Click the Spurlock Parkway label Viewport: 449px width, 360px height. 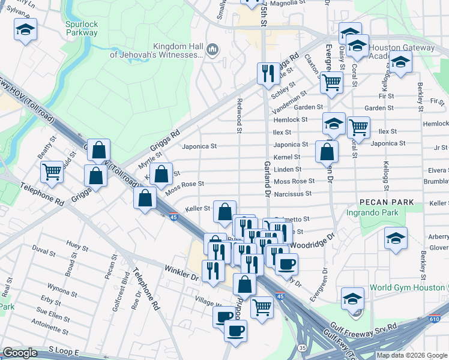(x=82, y=28)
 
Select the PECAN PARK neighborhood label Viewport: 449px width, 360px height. (x=387, y=202)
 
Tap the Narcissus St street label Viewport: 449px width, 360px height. (x=292, y=194)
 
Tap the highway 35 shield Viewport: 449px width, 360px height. (x=302, y=347)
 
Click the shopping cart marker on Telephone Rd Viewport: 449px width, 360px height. (x=52, y=172)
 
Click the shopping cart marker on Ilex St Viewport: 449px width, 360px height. (x=358, y=126)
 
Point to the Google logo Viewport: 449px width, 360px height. (x=20, y=353)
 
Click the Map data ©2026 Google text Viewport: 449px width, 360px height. (x=412, y=355)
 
